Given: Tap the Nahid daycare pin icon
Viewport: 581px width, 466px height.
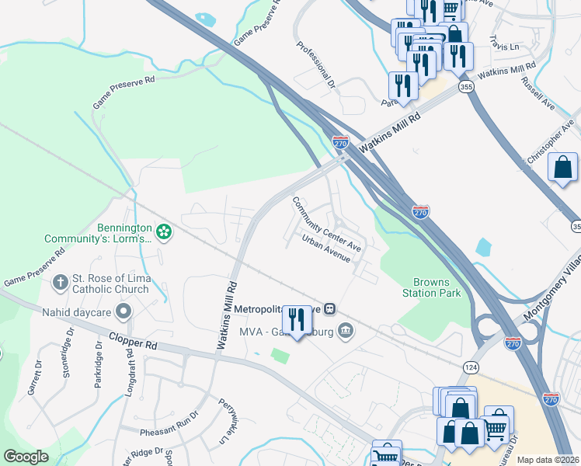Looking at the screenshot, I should pos(123,312).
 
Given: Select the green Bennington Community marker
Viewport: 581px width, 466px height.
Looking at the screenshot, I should pos(164,231).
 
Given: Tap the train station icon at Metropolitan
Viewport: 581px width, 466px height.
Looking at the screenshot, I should pos(330,309).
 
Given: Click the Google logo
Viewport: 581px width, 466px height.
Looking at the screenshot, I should pos(26,457).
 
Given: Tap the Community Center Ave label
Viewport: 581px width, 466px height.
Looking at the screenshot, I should pos(326,223).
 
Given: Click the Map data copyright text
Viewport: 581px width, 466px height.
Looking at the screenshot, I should pos(548,460).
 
